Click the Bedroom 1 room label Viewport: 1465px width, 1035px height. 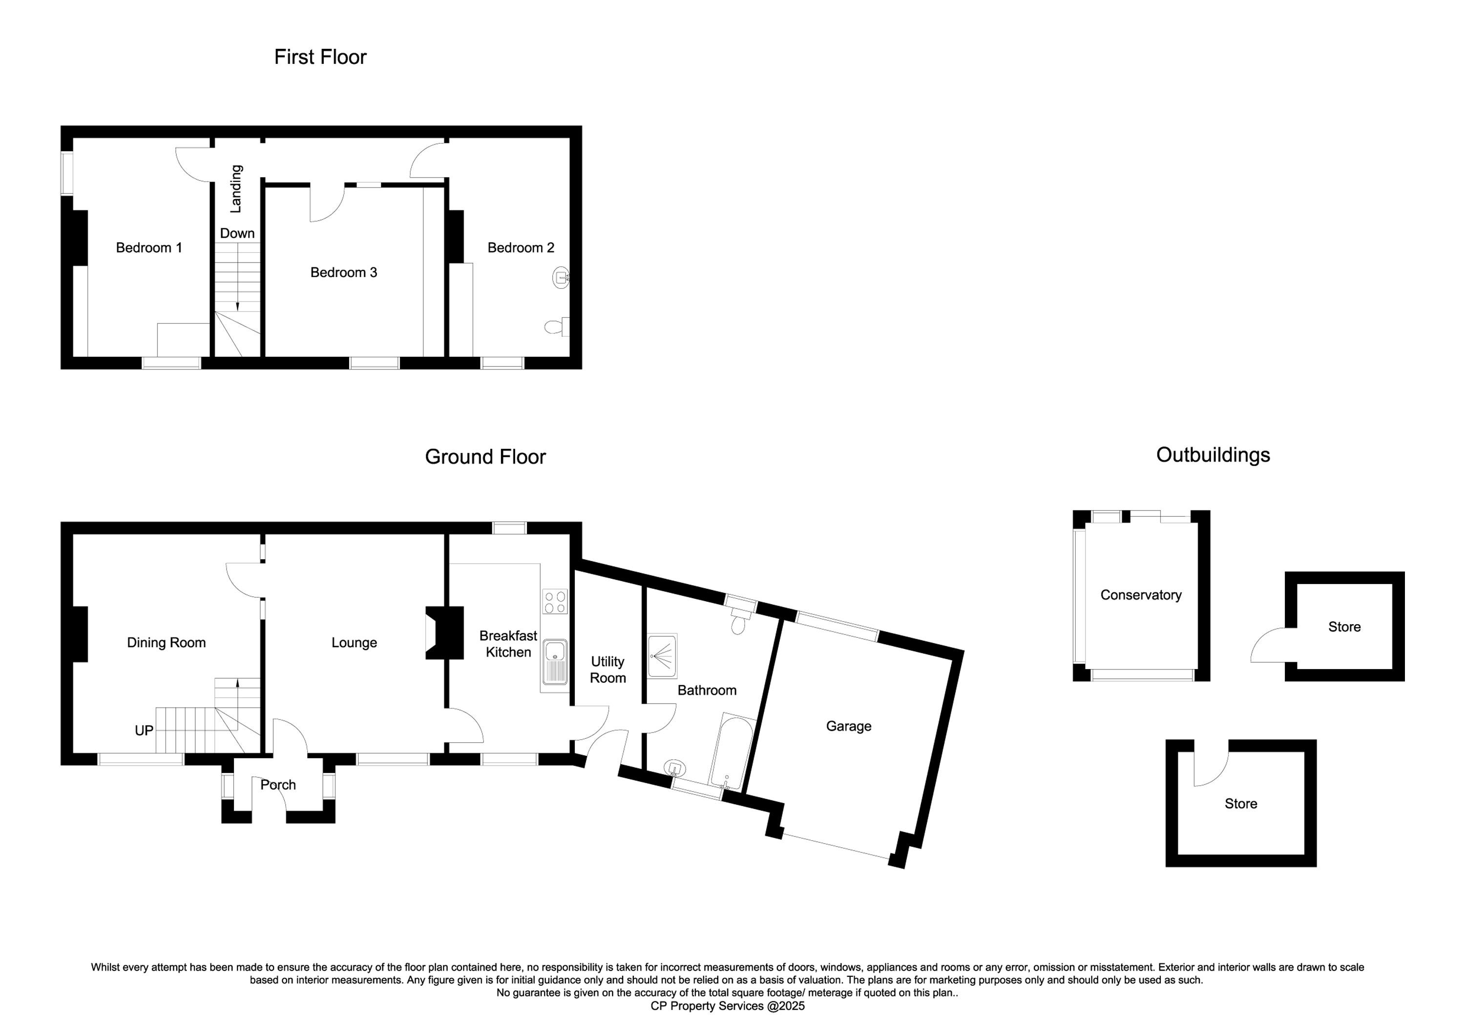click(x=148, y=247)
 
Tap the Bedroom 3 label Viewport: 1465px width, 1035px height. click(x=343, y=272)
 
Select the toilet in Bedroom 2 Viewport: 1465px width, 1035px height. click(x=556, y=327)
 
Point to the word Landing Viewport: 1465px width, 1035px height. click(x=236, y=189)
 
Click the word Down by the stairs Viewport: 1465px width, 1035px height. click(x=237, y=233)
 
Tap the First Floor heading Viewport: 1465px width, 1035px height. click(x=320, y=57)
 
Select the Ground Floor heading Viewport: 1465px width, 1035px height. click(x=485, y=457)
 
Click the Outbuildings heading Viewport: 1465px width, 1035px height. click(x=1213, y=455)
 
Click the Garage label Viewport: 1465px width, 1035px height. click(x=849, y=726)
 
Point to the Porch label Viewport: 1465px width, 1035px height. click(x=278, y=785)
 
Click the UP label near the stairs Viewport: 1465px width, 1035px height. click(x=144, y=730)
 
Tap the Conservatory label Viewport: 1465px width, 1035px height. click(x=1141, y=595)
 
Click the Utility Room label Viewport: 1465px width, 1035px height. click(x=607, y=670)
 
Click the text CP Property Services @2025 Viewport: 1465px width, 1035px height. click(x=728, y=1006)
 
